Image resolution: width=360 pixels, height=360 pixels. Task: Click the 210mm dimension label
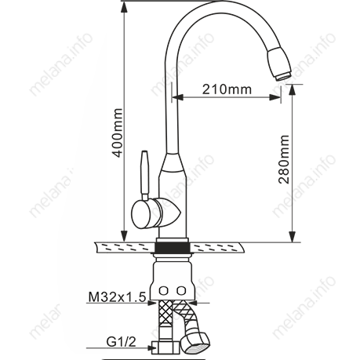pyautogui.click(x=227, y=89)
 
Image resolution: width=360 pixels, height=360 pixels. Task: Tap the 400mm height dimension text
pyautogui.click(x=117, y=133)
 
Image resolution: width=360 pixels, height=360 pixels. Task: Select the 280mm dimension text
pyautogui.click(x=284, y=159)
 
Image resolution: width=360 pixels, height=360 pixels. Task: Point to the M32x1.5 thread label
pyautogui.click(x=117, y=297)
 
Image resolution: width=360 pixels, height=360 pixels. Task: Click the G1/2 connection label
pyautogui.click(x=122, y=342)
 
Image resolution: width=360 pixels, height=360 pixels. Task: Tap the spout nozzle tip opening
pyautogui.click(x=283, y=76)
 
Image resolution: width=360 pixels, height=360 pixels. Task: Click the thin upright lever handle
pyautogui.click(x=145, y=175)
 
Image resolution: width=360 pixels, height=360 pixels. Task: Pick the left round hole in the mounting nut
pyautogui.click(x=164, y=290)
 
